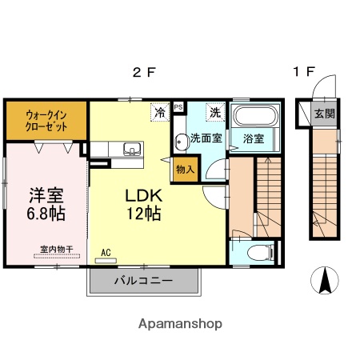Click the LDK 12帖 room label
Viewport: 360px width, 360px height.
(144, 205)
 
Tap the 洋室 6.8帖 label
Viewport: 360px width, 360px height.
(47, 205)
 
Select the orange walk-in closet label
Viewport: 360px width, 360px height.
(46, 120)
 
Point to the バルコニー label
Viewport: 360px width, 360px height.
(142, 281)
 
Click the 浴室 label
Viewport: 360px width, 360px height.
(255, 138)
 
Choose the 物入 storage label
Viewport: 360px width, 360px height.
(185, 169)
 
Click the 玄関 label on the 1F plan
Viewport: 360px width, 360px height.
(324, 114)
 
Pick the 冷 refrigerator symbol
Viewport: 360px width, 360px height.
(160, 112)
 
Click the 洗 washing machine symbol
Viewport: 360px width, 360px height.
(214, 112)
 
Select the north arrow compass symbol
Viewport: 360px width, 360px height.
(326, 280)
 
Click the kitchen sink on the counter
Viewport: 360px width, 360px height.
(130, 148)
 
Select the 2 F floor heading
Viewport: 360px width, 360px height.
(143, 73)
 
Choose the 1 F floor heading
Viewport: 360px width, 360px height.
(302, 73)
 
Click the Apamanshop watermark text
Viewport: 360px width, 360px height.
(180, 324)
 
